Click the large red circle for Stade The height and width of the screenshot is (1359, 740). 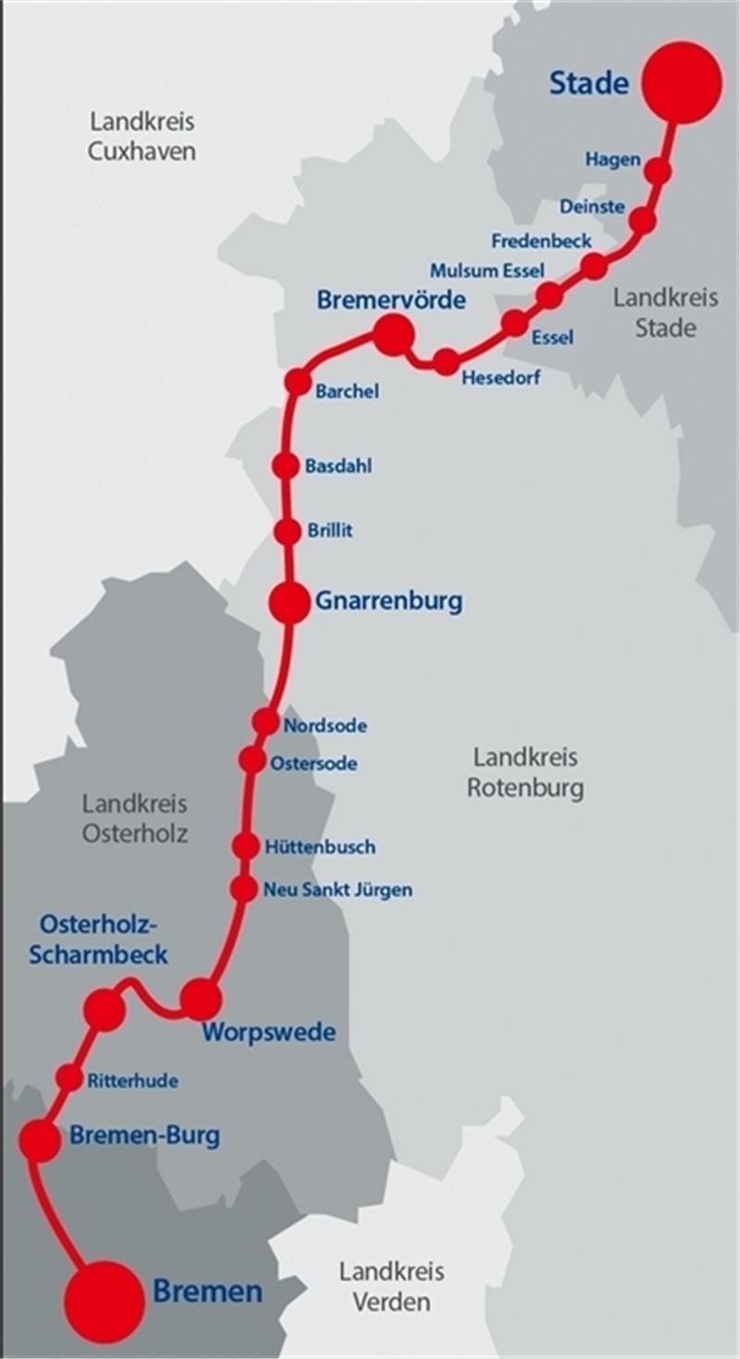click(x=683, y=82)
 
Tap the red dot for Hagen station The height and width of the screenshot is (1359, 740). click(x=658, y=171)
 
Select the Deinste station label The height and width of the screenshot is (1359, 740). click(x=592, y=206)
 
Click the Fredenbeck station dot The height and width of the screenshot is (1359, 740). click(x=594, y=266)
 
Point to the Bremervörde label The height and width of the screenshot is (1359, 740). click(x=391, y=301)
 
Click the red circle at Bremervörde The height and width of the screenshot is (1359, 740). click(x=392, y=335)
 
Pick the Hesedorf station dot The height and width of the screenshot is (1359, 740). click(x=446, y=362)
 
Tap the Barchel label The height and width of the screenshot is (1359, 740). click(x=347, y=391)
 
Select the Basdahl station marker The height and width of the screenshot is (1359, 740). click(x=287, y=466)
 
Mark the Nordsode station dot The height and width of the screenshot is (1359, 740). click(x=265, y=722)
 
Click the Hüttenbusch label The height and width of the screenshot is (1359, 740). click(x=320, y=846)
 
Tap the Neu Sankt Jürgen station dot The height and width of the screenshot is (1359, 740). click(x=243, y=889)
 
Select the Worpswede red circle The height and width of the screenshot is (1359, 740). click(x=200, y=999)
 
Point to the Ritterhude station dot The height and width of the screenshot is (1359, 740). click(x=69, y=1078)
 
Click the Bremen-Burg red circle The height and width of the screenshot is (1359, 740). click(x=40, y=1142)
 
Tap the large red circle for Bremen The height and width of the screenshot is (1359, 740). click(x=106, y=1301)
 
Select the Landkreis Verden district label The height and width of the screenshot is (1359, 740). click(x=391, y=1286)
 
